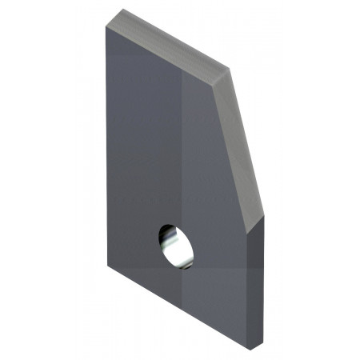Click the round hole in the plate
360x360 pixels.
click(x=175, y=245)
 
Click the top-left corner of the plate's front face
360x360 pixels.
click(x=106, y=26)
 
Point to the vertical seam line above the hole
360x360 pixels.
click(x=186, y=144)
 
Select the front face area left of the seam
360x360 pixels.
click(x=144, y=144)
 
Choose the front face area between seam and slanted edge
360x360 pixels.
click(x=208, y=160)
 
